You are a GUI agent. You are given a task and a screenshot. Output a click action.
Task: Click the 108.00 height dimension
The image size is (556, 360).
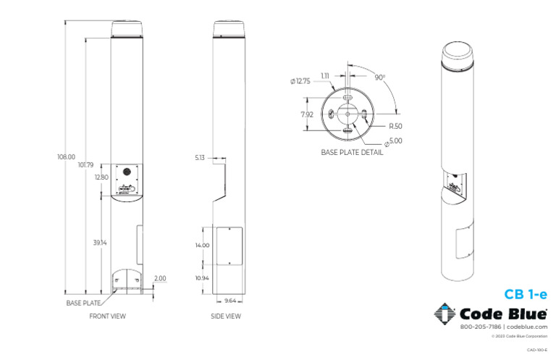pyautogui.click(x=66, y=156)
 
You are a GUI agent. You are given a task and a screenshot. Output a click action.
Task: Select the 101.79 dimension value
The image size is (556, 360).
pyautogui.click(x=85, y=165)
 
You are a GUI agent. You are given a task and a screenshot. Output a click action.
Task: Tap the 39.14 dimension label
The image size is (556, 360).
pyautogui.click(x=100, y=243)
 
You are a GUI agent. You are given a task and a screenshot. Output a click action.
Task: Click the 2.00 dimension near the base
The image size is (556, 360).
pyautogui.click(x=160, y=278)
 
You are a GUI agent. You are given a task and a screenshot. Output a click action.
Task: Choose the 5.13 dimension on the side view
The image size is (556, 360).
pyautogui.click(x=201, y=156)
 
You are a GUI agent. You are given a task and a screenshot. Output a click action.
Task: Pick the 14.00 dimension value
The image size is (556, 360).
pyautogui.click(x=202, y=246)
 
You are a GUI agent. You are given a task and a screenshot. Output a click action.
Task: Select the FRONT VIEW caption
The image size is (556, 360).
pyautogui.click(x=107, y=317)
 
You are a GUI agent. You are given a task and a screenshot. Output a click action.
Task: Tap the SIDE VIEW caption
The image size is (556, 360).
pyautogui.click(x=225, y=317)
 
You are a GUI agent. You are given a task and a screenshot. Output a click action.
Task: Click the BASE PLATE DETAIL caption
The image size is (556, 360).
pyautogui.click(x=352, y=153)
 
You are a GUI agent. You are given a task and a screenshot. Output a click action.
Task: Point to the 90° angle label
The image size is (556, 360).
pyautogui.click(x=379, y=77)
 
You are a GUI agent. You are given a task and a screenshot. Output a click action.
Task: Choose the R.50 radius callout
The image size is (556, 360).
pyautogui.click(x=395, y=126)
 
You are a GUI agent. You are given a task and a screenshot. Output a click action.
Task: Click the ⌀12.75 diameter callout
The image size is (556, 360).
pyautogui.click(x=300, y=81)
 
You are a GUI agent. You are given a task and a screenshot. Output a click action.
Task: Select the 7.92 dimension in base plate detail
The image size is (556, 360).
pyautogui.click(x=307, y=114)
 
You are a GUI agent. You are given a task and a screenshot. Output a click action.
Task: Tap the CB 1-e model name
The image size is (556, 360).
pyautogui.click(x=526, y=294)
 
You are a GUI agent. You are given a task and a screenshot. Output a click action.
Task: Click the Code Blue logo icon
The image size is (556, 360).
pyautogui.click(x=445, y=314)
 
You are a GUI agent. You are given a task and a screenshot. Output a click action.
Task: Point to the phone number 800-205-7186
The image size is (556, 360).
pyautogui.click(x=480, y=327)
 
